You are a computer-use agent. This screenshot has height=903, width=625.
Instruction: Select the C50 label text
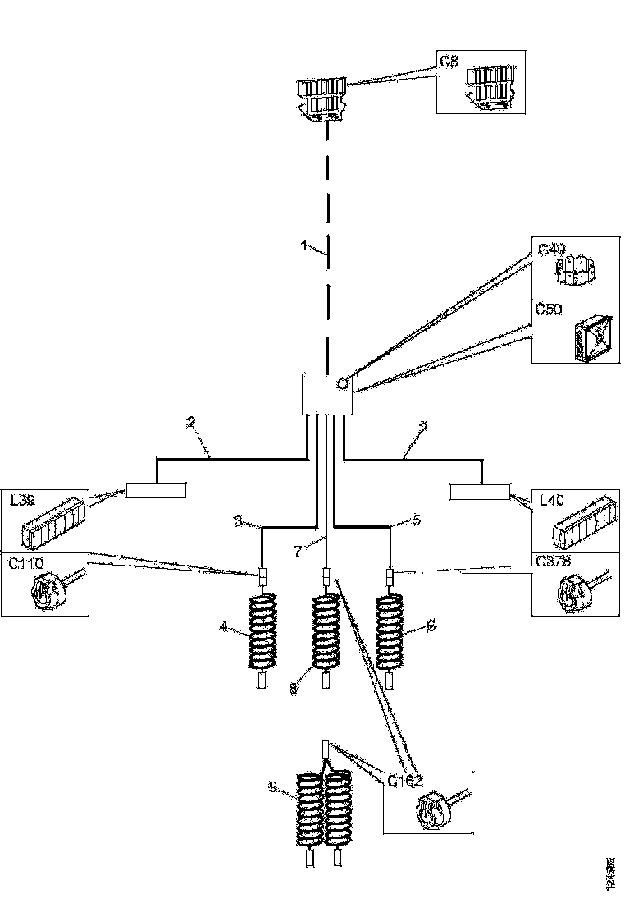click(547, 309)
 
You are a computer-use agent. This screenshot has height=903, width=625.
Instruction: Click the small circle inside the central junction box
click(342, 383)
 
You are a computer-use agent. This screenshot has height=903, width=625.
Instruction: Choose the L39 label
click(24, 500)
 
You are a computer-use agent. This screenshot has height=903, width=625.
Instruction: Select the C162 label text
click(404, 780)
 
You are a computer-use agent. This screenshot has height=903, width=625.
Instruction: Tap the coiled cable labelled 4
click(262, 633)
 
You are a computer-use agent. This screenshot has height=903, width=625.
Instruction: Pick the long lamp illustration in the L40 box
click(582, 521)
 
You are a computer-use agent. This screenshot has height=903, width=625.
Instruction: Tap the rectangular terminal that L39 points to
click(156, 491)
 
